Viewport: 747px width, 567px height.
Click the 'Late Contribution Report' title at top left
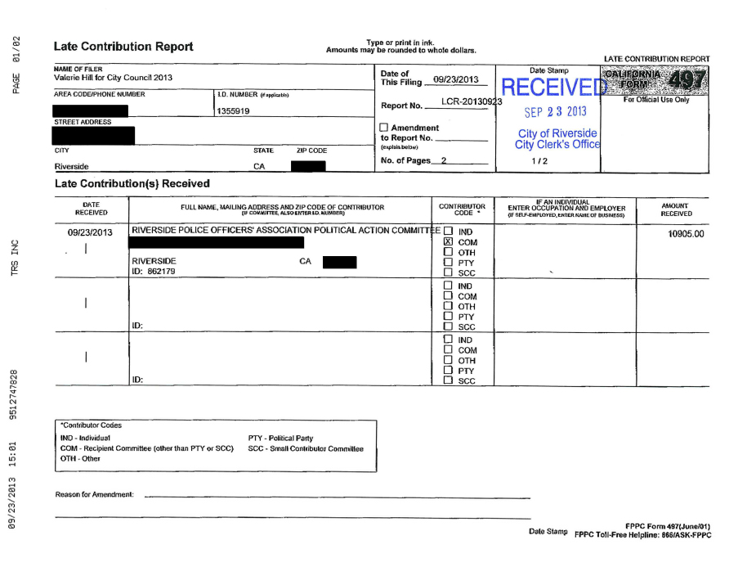tap(123, 47)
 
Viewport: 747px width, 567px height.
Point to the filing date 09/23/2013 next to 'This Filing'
tap(456, 79)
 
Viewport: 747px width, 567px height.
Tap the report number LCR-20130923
tap(471, 101)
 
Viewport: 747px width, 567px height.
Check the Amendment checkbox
tap(385, 128)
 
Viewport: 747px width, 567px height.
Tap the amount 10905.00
tap(686, 234)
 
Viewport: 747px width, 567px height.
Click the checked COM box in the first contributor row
tap(447, 242)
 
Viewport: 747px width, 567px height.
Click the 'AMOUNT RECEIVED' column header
tap(676, 209)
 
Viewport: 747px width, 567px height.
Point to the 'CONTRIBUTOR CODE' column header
tap(462, 209)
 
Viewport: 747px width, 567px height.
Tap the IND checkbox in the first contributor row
tap(447, 232)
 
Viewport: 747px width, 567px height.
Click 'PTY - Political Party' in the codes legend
tap(280, 439)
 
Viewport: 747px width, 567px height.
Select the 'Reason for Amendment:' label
tap(95, 494)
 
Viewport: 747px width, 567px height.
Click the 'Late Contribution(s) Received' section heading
tap(132, 183)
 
